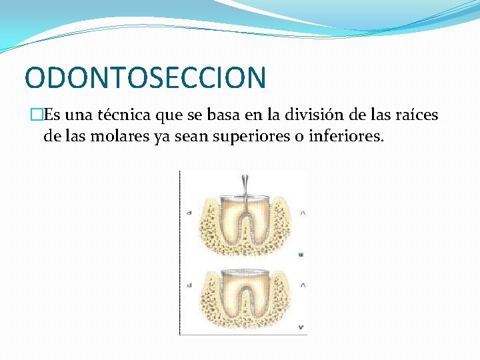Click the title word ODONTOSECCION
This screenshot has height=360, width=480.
[x=145, y=77]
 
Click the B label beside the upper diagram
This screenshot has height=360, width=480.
[x=303, y=255]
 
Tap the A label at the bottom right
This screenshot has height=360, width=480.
[x=303, y=327]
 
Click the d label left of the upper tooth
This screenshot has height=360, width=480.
[x=190, y=213]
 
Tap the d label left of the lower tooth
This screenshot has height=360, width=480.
[x=190, y=285]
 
